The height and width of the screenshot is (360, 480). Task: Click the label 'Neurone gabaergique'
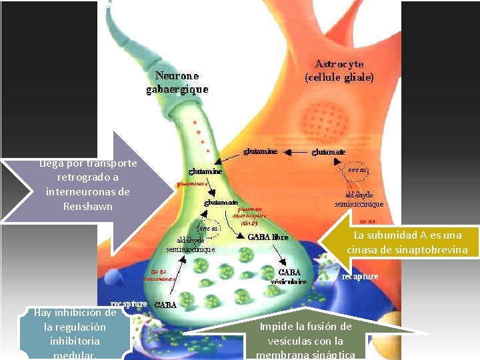click(x=177, y=83)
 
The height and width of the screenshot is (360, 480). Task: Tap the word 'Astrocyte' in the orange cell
click(x=339, y=64)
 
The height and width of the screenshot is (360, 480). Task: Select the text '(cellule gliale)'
click(x=339, y=77)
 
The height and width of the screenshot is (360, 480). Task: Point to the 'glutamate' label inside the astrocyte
click(x=329, y=152)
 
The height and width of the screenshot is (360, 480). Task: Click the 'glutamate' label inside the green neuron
click(x=221, y=201)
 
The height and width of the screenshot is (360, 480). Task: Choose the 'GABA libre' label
click(x=268, y=237)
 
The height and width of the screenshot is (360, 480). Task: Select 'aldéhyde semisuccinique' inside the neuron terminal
click(x=191, y=244)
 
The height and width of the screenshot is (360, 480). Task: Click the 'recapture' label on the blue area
click(x=360, y=276)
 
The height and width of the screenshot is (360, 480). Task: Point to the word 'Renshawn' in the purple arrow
click(x=88, y=207)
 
